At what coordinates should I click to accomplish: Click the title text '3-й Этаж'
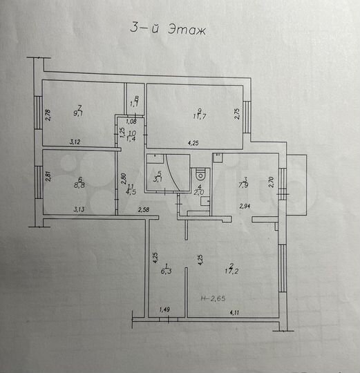pos(169,30)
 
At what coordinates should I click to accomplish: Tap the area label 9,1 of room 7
pos(79,115)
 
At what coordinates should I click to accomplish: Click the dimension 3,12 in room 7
pos(75,142)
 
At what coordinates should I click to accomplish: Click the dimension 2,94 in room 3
pos(245,206)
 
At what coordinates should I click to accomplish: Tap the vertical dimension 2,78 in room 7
pos(48,115)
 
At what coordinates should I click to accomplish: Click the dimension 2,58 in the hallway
pos(144,209)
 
